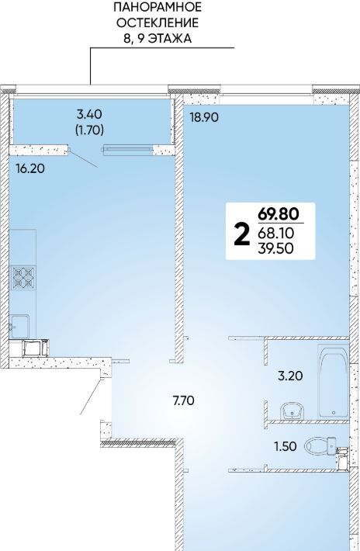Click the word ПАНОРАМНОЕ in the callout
157,7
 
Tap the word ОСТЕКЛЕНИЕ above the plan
157,23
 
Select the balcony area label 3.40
89,114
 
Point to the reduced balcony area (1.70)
89,130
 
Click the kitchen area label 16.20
30,168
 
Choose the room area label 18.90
204,117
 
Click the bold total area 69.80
279,213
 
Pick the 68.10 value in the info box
275,233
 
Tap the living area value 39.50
276,248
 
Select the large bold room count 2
241,235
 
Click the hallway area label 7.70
184,400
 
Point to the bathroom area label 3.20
290,376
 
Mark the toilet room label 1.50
286,446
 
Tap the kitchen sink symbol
19,326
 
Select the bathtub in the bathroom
334,382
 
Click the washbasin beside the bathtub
292,411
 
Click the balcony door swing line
84,158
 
